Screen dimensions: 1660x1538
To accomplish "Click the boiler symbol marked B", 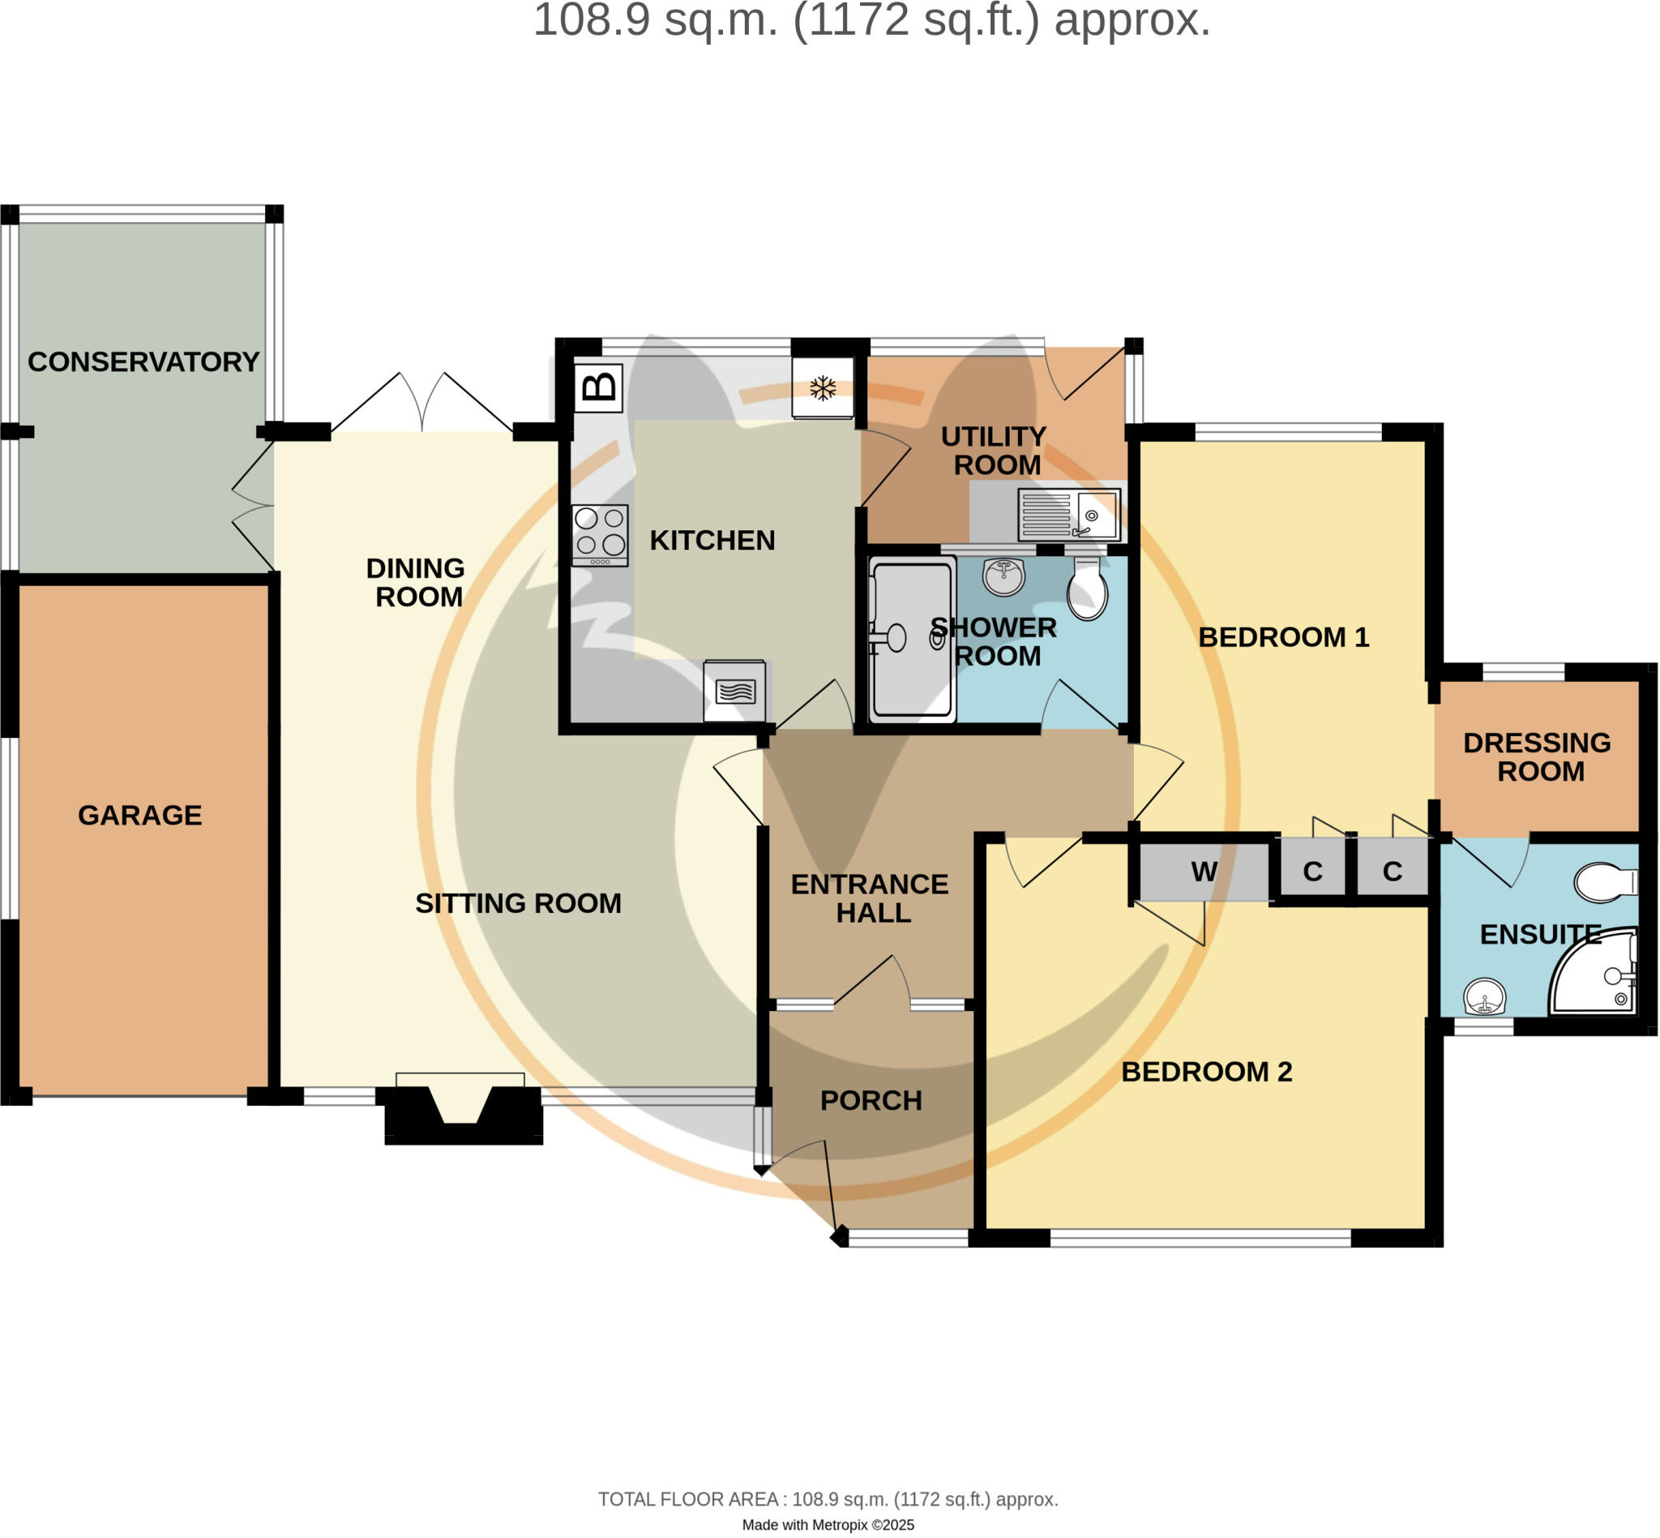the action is click(598, 387).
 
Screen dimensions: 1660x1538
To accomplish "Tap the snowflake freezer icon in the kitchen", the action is click(823, 388).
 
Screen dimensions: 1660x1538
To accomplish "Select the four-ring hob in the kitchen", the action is click(600, 535).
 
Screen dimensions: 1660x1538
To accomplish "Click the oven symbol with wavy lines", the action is click(734, 691).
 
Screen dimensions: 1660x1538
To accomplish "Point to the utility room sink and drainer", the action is click(1069, 515).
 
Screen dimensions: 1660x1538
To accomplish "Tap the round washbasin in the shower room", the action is click(1003, 576).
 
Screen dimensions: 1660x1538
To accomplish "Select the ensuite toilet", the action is click(1606, 882).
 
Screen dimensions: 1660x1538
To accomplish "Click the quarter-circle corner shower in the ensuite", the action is click(1594, 971).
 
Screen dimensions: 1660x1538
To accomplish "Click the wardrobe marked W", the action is click(1204, 872).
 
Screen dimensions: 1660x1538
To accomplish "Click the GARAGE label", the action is click(139, 815).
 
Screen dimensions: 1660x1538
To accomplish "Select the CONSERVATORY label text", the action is click(143, 362).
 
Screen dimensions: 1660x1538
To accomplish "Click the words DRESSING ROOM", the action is click(1537, 756).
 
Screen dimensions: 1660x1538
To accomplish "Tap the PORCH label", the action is click(871, 1100).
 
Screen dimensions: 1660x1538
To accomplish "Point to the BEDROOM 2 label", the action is click(1207, 1071).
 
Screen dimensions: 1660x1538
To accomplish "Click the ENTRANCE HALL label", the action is click(870, 898).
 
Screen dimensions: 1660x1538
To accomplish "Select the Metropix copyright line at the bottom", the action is click(828, 1525).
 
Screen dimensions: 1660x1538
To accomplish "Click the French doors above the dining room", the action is click(421, 402).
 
